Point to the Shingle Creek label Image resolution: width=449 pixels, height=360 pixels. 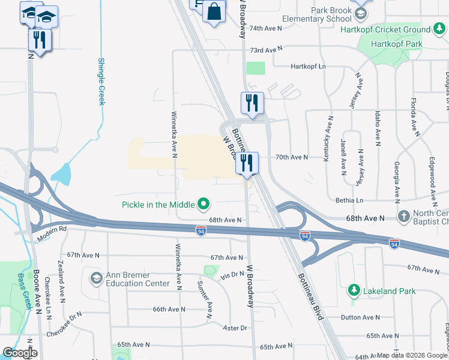pos(101,82)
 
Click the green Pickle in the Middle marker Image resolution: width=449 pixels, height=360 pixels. pos(203,205)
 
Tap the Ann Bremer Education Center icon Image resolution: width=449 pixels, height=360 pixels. pos(96,278)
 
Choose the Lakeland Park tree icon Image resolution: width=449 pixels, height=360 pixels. pos(354,291)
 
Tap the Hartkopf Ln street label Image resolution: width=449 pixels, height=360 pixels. pos(308,67)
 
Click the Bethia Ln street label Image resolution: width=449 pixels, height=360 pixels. pos(351,200)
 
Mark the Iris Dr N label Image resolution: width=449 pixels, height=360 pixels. pos(232,274)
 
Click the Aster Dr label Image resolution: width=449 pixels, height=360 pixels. pos(235,328)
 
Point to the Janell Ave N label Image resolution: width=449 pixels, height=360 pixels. pos(344,158)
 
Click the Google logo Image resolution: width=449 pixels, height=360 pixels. pos(20,353)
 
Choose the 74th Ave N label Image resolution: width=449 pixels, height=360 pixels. pos(265,28)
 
